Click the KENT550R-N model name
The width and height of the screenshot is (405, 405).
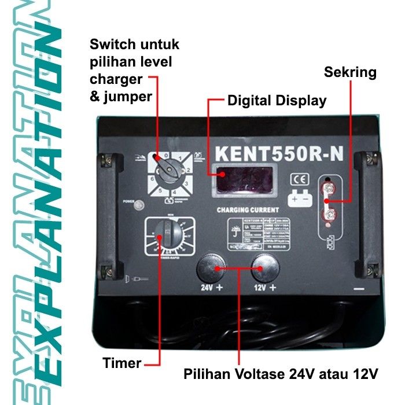click(x=279, y=153)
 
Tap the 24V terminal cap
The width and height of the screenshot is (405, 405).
click(x=212, y=268)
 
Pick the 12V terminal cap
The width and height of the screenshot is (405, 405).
click(x=264, y=268)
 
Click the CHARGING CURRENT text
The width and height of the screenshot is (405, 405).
click(x=248, y=209)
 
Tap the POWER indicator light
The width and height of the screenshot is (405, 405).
click(x=138, y=204)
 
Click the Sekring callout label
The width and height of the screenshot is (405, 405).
click(x=350, y=73)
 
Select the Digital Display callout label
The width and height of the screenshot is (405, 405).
click(x=277, y=101)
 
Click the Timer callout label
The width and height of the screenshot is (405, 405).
click(x=122, y=363)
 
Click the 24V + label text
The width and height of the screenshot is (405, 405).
click(x=212, y=287)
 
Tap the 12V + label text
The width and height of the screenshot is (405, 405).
click(x=264, y=287)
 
